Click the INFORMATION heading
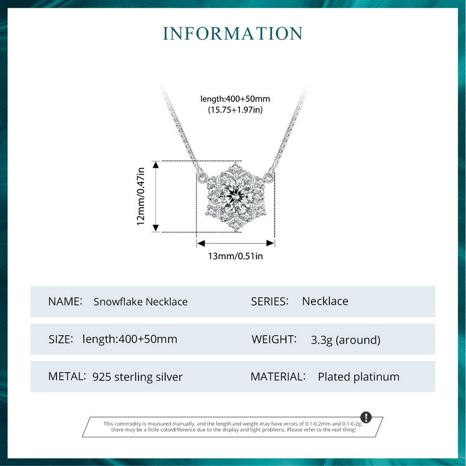coord(233,33)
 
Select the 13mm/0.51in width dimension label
coord(235,256)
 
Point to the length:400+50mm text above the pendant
coord(235,99)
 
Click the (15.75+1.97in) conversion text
coord(235,110)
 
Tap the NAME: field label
coord(65,301)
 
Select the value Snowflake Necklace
coord(140,302)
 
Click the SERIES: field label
coord(270,301)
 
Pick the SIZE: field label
coord(61,339)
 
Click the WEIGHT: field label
coord(273,339)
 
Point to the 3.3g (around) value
coord(345,340)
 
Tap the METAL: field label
coord(66,377)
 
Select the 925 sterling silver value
coord(137,377)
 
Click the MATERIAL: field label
coord(278,377)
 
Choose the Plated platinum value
coord(359,377)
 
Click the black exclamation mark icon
coord(366,417)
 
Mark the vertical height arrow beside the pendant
coord(155,196)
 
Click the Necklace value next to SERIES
coord(325,301)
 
